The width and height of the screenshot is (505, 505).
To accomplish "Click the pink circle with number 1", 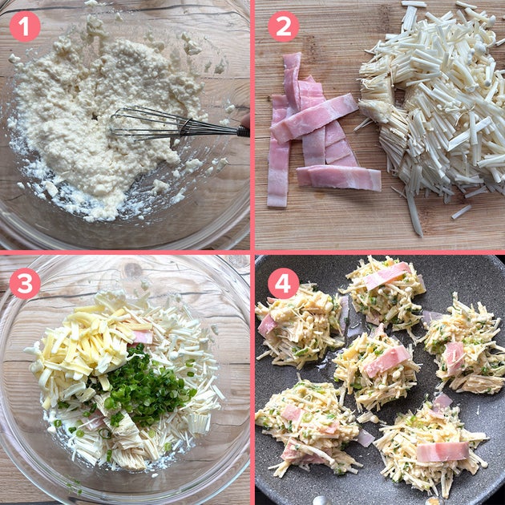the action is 25,26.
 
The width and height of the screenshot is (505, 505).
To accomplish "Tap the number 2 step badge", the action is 284,26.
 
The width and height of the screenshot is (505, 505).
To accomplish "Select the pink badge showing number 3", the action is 25,284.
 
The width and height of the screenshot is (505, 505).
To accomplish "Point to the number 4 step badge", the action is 284,284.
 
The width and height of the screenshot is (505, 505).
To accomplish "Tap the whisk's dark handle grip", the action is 244,131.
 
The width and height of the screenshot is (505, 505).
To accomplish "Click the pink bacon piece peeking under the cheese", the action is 143,337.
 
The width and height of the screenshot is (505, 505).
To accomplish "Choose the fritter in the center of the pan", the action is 375,367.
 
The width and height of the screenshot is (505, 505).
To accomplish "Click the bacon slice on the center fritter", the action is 387,360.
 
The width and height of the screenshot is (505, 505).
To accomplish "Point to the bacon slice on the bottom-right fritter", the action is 442,451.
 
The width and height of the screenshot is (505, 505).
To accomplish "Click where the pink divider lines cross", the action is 252,252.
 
